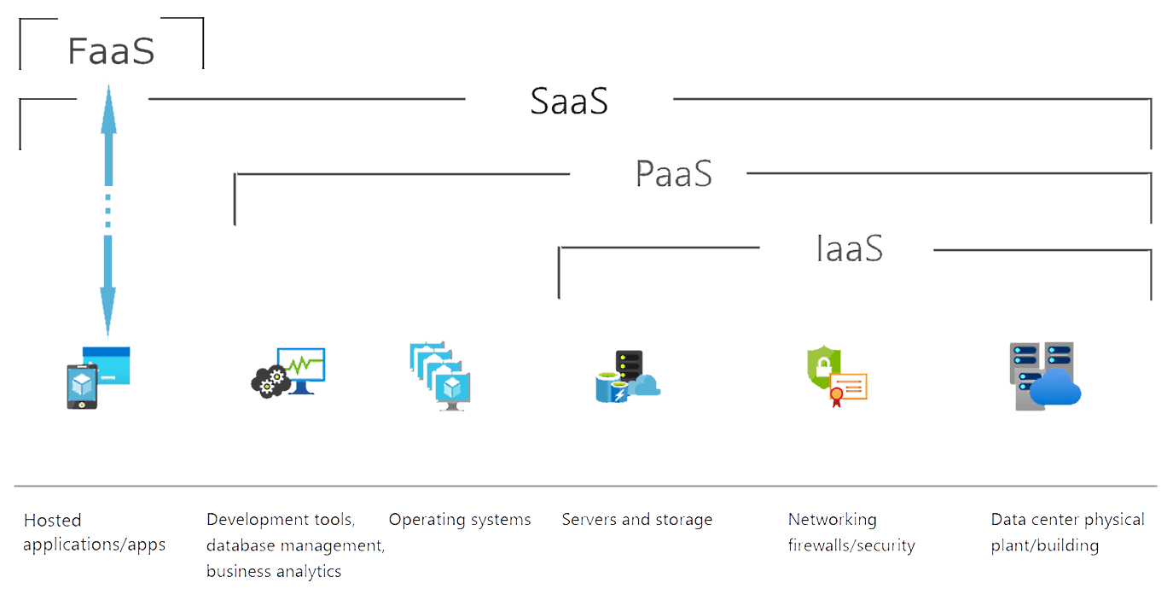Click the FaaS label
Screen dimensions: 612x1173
111,51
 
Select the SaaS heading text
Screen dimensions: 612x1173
569,102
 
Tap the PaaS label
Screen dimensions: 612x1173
673,174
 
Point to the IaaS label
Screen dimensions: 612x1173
848,249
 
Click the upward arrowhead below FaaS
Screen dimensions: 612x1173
108,98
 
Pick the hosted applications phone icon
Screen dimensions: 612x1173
82,386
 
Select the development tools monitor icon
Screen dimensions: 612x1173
289,372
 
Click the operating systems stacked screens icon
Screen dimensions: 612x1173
440,376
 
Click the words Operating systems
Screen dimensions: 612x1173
460,520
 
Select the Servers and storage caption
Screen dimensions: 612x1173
636,520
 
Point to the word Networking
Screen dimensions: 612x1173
832,520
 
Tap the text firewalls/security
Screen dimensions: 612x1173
851,545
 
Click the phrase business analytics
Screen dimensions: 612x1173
274,572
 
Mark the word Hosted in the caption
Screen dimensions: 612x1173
53,521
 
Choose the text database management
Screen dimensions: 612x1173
295,545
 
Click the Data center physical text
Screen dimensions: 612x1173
1067,520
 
